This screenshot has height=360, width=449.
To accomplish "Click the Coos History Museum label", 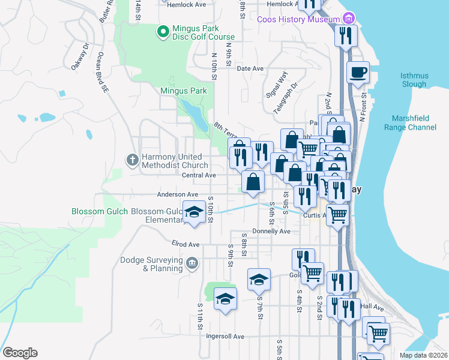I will [x=299, y=19].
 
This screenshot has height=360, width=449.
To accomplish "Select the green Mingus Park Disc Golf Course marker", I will [x=161, y=31].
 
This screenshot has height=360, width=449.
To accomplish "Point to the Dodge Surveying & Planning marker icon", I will [x=191, y=262].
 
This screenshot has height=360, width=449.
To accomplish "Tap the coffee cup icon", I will [x=358, y=73].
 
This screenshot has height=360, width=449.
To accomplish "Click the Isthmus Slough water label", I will [x=414, y=80].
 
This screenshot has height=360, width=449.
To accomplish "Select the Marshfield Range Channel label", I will [x=414, y=123].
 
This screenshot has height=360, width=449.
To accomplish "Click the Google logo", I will [x=19, y=353].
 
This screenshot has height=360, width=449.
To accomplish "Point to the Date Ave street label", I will [x=250, y=68].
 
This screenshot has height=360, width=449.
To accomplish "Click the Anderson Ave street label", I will [x=177, y=194].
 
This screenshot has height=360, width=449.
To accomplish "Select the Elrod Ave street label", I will [x=169, y=245].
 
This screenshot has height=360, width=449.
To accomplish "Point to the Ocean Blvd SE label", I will [x=100, y=71].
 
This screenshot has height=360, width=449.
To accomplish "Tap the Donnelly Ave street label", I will [x=271, y=231].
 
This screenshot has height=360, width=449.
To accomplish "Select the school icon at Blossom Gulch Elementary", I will [x=194, y=213].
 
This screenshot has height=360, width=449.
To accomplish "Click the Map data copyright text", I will [x=423, y=355].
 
